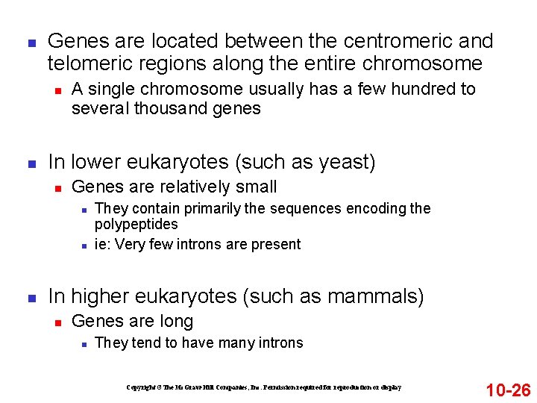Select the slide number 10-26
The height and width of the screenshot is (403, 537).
click(508, 390)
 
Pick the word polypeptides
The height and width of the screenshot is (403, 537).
click(136, 224)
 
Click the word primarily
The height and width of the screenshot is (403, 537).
click(195, 208)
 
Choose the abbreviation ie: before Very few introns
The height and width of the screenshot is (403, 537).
click(103, 244)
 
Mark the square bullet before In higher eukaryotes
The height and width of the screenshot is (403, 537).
click(31, 297)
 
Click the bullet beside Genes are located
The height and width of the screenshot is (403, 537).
click(31, 42)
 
